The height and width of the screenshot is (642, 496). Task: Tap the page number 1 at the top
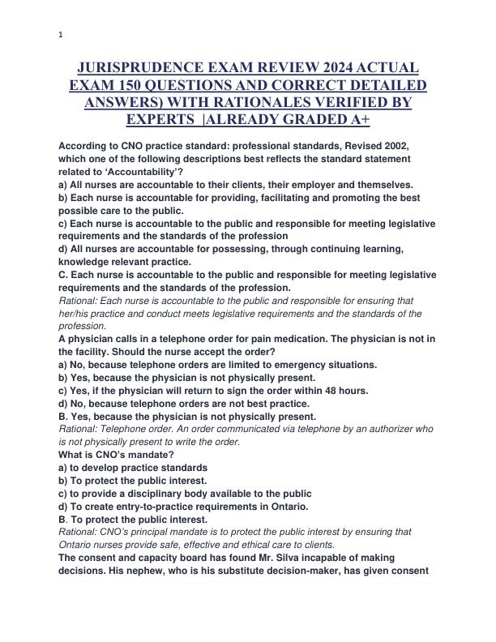(x=61, y=35)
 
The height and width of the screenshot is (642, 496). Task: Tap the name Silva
(x=280, y=558)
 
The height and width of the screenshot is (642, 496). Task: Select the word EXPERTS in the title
(x=159, y=120)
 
